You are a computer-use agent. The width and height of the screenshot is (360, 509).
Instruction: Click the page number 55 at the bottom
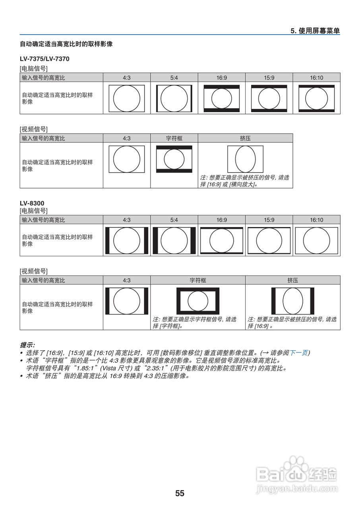click(180, 493)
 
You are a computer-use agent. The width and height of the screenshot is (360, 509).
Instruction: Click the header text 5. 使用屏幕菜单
click(315, 31)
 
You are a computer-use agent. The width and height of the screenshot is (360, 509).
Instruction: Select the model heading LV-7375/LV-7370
click(45, 59)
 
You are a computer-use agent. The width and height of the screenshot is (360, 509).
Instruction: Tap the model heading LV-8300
click(32, 203)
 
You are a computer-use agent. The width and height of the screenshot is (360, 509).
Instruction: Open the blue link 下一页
click(298, 353)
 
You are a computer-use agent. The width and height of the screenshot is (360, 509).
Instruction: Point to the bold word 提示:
click(27, 345)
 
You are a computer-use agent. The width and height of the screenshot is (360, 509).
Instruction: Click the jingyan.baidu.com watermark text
click(297, 488)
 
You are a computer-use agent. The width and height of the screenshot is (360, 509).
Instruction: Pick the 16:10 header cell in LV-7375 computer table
click(316, 78)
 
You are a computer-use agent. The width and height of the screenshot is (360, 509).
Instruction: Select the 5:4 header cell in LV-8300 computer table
click(174, 220)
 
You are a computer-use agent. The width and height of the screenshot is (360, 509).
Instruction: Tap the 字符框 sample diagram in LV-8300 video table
click(197, 301)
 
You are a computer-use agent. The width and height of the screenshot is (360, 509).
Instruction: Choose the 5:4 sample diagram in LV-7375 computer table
click(174, 98)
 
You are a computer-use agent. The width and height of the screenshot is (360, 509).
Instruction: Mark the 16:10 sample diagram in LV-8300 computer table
click(316, 241)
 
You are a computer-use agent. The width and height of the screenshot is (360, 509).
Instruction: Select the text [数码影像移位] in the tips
click(181, 353)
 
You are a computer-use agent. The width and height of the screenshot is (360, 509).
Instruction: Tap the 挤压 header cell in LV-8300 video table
click(292, 280)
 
